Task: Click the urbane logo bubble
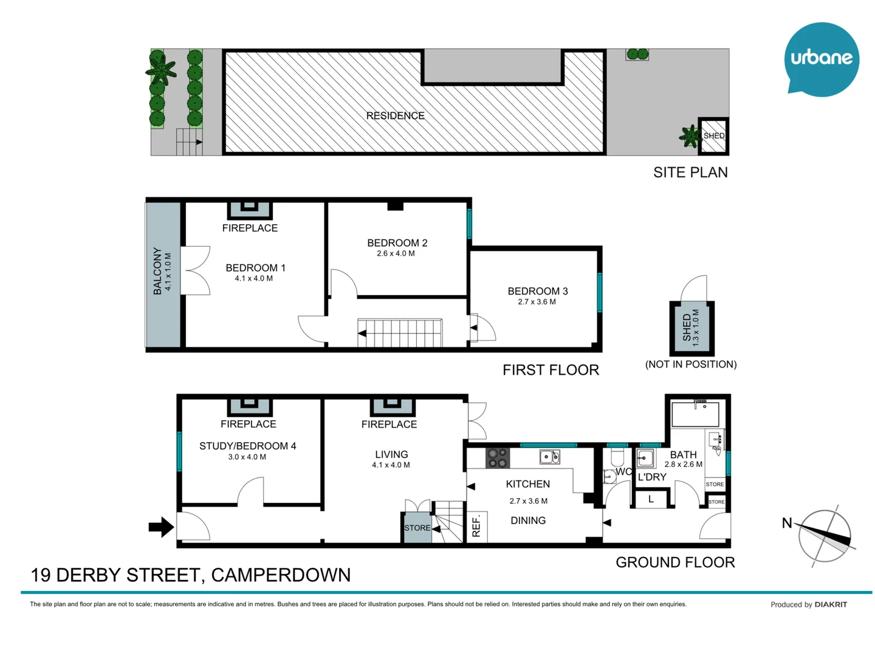tap(821, 59)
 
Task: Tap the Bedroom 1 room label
tap(255, 268)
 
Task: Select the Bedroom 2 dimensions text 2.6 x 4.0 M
tap(396, 254)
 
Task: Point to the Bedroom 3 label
tap(538, 291)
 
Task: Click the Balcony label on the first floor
tap(157, 271)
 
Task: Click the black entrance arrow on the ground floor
tap(161, 527)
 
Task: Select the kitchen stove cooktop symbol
tap(497, 458)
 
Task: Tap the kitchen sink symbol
tap(549, 457)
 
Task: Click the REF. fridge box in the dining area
tap(476, 526)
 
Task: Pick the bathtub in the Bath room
tap(695, 414)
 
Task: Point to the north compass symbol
tap(824, 536)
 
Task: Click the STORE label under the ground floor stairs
tap(417, 528)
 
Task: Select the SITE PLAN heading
tap(690, 173)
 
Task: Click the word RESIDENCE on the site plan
tap(395, 115)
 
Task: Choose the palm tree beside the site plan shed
tap(690, 137)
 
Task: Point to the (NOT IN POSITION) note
tap(691, 364)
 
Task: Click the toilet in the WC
tap(617, 457)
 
